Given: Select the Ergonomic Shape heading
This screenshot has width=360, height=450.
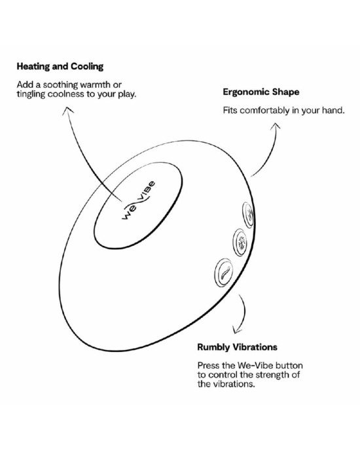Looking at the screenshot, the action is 261,92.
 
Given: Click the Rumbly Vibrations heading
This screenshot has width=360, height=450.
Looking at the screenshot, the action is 237,347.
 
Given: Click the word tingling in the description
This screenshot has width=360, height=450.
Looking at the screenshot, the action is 31,94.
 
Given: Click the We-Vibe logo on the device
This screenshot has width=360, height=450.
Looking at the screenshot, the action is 139,200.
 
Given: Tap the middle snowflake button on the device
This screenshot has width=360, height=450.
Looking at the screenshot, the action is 240,242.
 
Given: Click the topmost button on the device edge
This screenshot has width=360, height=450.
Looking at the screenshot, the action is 248,215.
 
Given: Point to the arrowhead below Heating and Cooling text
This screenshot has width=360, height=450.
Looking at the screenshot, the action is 67,110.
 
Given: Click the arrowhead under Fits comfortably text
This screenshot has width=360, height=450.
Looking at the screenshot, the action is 276,127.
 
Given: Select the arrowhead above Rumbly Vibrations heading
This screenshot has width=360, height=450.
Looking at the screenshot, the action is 236,330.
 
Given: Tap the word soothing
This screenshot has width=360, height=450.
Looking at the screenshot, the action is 60,85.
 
